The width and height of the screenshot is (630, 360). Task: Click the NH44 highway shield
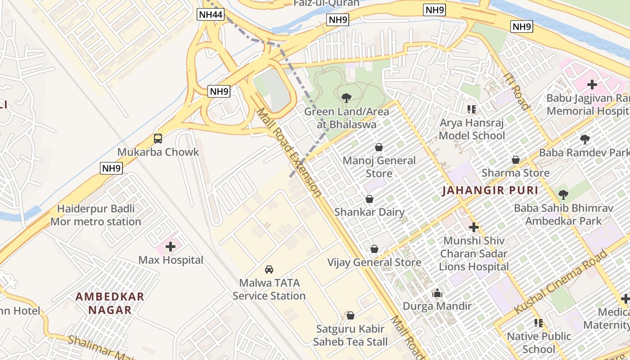(x=211, y=15)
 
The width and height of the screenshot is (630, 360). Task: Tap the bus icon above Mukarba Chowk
(x=158, y=139)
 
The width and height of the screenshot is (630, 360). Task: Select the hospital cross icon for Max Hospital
(x=171, y=246)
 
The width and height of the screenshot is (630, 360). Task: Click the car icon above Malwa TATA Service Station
(x=269, y=270)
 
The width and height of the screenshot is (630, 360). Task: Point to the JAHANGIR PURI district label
(x=490, y=190)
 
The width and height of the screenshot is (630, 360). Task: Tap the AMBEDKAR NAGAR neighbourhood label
(x=110, y=303)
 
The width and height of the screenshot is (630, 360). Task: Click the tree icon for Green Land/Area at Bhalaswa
(x=346, y=98)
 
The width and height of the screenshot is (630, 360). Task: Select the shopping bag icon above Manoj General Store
(x=379, y=147)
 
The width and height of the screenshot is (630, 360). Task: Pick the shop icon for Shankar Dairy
(x=369, y=199)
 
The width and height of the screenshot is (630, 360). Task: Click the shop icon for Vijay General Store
(x=374, y=249)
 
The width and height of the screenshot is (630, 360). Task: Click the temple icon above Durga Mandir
(x=437, y=293)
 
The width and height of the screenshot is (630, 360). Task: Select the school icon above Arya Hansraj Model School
(x=472, y=109)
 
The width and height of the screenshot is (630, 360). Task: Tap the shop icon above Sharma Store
(x=516, y=160)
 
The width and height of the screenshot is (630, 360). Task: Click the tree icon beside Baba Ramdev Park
(x=585, y=139)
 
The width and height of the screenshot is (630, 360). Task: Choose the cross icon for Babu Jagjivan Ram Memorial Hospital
(x=592, y=85)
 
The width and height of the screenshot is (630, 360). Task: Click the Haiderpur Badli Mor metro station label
(x=96, y=216)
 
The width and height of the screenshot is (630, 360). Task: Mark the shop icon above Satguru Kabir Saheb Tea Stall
(x=351, y=315)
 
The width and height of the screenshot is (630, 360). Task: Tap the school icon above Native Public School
(x=538, y=323)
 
